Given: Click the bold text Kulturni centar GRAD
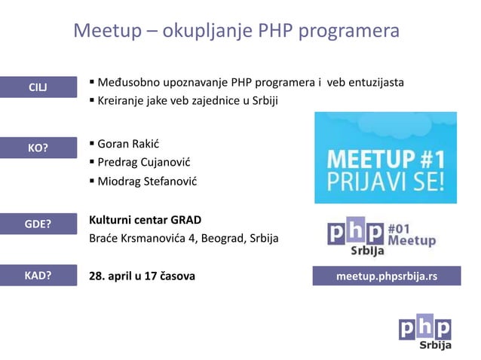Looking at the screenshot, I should point(146,220).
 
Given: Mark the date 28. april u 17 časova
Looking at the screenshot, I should point(142,276).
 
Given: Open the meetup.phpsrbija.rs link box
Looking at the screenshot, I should point(386,276).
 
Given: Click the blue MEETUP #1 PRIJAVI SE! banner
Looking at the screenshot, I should point(385,157).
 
